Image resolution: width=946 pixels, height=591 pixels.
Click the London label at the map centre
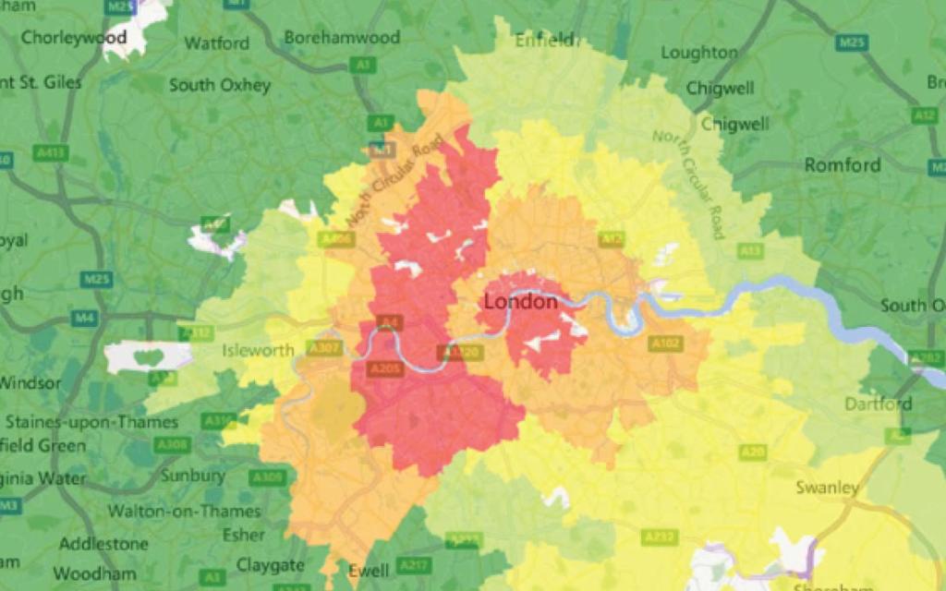(521, 302)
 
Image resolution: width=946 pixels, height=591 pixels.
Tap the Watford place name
(217, 43)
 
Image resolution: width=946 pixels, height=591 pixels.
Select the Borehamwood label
(342, 38)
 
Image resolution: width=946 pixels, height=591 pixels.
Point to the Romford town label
(842, 165)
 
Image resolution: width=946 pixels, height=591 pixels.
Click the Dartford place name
(878, 404)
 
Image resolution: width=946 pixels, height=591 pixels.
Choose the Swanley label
(828, 488)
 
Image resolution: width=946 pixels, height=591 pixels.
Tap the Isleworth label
(258, 350)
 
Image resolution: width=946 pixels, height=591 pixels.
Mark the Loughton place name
(699, 53)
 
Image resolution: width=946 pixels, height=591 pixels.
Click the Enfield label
(544, 40)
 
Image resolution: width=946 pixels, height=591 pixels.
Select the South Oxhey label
(220, 85)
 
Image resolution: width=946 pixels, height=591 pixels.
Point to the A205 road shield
(385, 368)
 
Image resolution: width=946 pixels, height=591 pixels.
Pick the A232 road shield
(655, 537)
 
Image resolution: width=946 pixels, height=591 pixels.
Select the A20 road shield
(752, 452)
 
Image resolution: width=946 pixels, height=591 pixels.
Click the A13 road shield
(750, 250)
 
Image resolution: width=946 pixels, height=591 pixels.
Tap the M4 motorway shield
(83, 319)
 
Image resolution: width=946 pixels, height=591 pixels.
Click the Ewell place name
(368, 571)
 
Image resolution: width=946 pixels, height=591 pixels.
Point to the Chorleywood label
(73, 38)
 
